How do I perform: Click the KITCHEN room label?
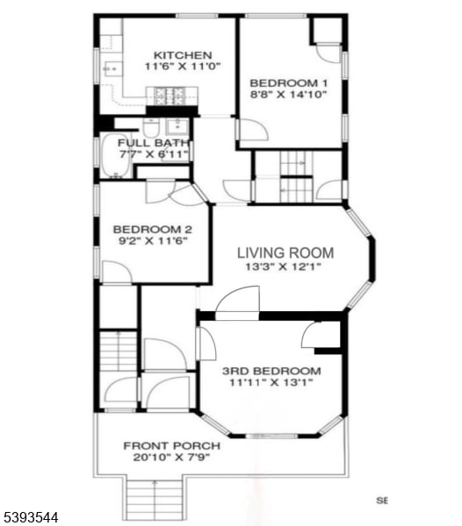[182, 54]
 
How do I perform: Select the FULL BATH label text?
[145, 143]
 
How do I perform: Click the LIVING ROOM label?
[285, 252]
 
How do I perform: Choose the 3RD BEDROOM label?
[270, 370]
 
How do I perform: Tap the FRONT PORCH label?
[171, 444]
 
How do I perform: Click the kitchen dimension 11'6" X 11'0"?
[182, 67]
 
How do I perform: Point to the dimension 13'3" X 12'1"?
[285, 267]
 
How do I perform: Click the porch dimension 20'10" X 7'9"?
[171, 457]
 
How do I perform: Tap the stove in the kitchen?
[170, 96]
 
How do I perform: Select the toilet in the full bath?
[150, 127]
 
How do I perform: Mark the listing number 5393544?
[30, 518]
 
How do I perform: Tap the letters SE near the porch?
[382, 501]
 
